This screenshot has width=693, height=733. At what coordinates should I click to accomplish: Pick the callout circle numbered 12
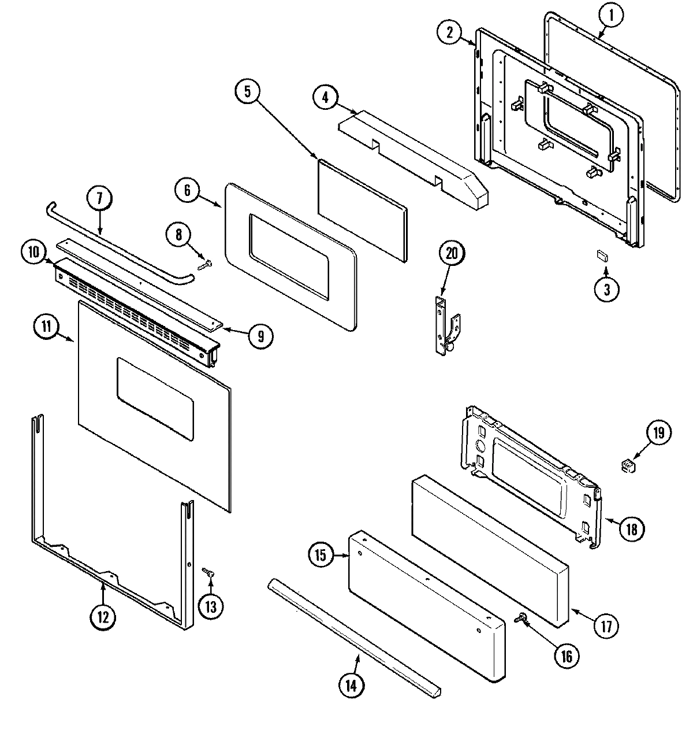click(x=102, y=617)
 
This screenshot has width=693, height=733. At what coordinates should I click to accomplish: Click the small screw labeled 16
click(x=520, y=619)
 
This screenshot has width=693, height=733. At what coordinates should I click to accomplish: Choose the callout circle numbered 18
click(x=631, y=527)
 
